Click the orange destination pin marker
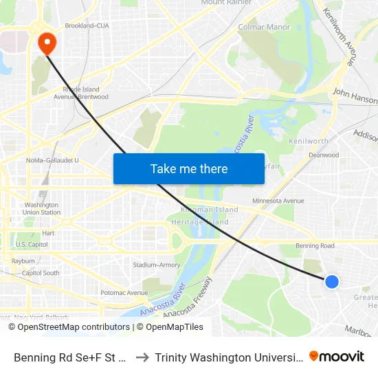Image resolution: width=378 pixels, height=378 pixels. pyautogui.click(x=47, y=43)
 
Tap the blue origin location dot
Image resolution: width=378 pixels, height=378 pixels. pyautogui.click(x=332, y=281)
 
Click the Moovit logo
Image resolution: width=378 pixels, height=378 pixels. pyautogui.click(x=336, y=356)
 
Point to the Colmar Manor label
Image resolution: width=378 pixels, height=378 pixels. pyautogui.click(x=264, y=27)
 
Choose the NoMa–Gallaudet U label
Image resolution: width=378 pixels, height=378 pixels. pyautogui.click(x=52, y=161)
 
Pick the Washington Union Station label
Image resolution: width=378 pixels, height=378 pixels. pyautogui.click(x=42, y=208)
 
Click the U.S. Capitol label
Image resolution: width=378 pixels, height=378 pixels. pyautogui.click(x=32, y=245)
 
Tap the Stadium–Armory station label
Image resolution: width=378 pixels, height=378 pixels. pyautogui.click(x=156, y=265)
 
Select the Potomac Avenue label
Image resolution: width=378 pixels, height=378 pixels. pyautogui.click(x=124, y=293)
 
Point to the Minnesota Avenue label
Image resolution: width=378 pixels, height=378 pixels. pyautogui.click(x=278, y=201)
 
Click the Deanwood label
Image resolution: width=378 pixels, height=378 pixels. pyautogui.click(x=324, y=155)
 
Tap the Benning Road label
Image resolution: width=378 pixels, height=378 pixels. pyautogui.click(x=315, y=245)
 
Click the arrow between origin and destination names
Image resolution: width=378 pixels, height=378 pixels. pyautogui.click(x=141, y=357)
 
